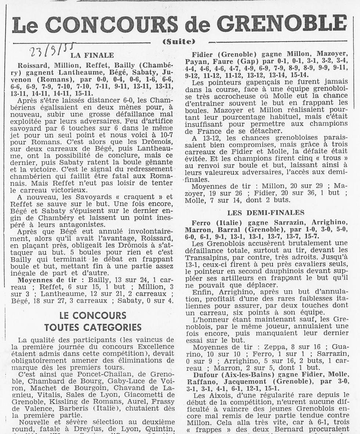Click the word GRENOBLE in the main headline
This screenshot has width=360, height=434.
(282, 24)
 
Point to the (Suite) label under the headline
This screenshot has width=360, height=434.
(179, 42)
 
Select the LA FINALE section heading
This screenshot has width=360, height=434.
(92, 55)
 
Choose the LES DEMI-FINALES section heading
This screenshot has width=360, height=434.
(266, 212)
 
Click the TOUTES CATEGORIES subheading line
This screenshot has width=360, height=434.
(93, 327)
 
